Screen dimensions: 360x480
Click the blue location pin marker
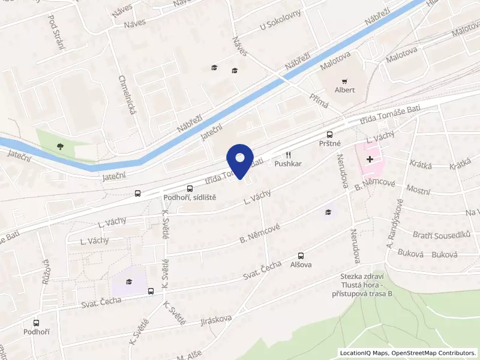tap(240, 160)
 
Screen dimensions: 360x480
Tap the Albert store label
tap(344, 90)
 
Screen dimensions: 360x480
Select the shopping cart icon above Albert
tap(344, 81)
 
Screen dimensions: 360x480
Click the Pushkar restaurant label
tap(287, 163)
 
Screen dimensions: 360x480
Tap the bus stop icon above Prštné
tap(329, 135)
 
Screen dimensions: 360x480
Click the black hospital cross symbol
tap(371, 160)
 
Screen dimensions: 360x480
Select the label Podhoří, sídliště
tap(190, 197)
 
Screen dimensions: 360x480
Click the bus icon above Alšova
tap(301, 255)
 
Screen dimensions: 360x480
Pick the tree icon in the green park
tap(60, 146)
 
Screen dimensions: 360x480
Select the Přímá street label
tap(319, 101)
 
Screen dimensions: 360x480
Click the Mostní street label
tap(418, 191)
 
